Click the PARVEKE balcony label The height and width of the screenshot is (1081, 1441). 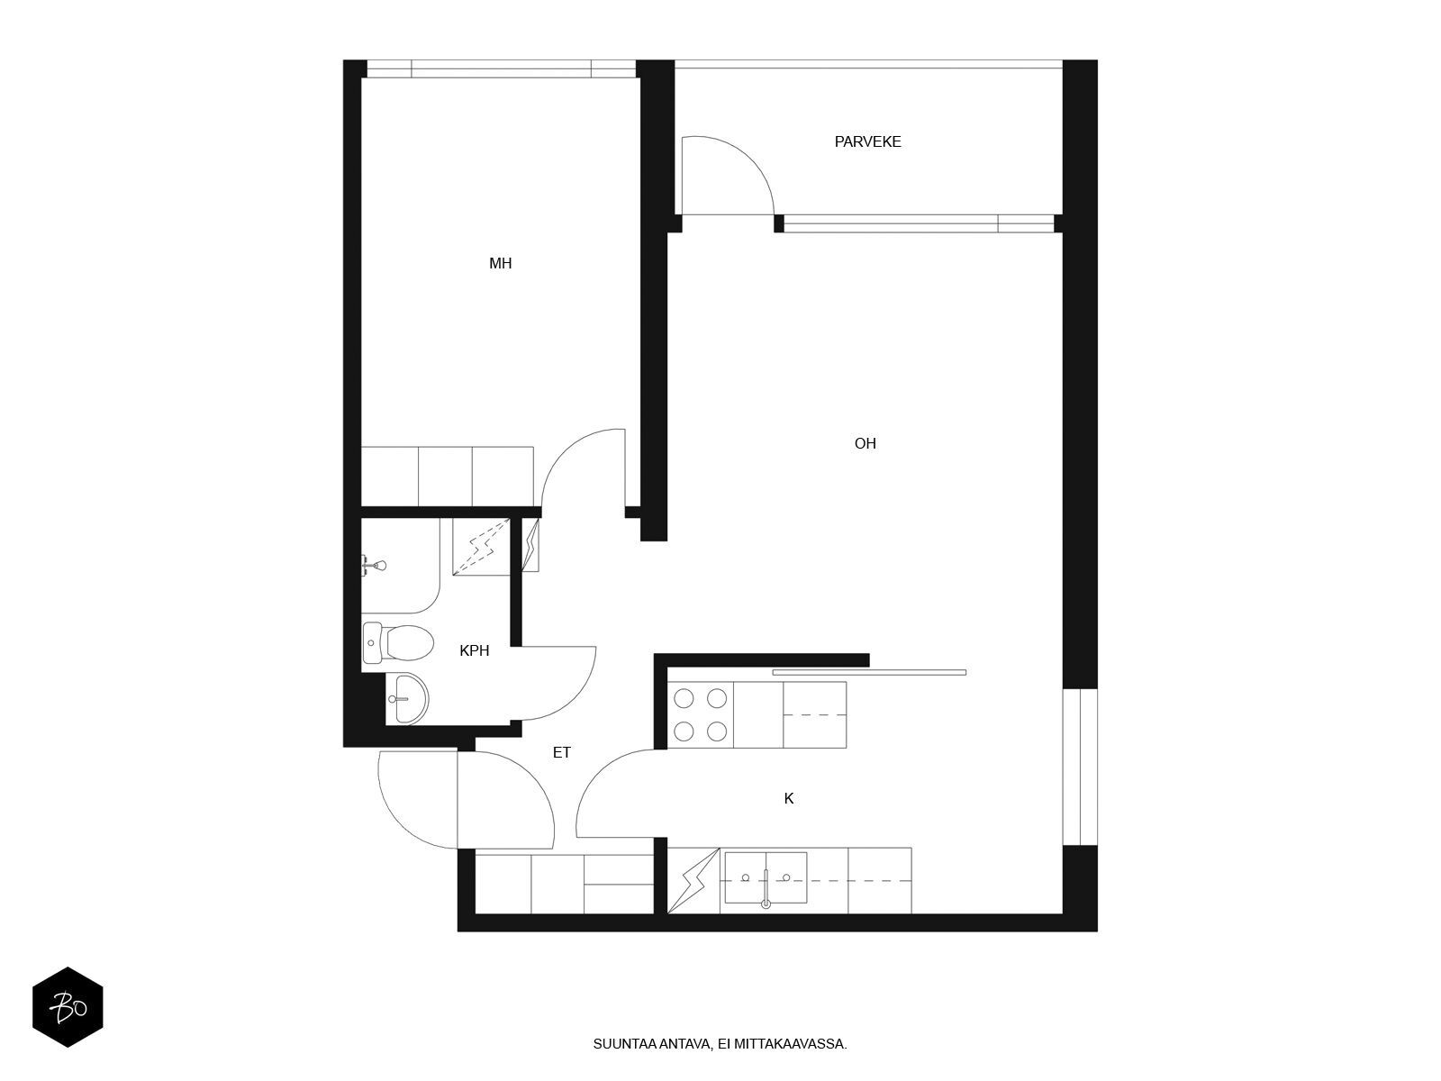(867, 141)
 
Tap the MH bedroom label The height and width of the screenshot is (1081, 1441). (500, 263)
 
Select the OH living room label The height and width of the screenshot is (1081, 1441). (865, 444)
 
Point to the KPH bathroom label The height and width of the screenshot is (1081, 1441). (474, 650)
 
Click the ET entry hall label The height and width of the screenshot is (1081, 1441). (561, 753)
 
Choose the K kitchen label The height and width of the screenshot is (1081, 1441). (788, 799)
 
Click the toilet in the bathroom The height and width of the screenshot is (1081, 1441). (398, 642)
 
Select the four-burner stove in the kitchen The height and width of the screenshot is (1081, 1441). (700, 714)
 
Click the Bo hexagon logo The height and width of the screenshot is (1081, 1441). (68, 1007)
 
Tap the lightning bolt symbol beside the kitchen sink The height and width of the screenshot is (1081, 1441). (693, 880)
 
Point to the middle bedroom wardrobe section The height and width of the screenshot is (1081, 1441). (445, 477)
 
